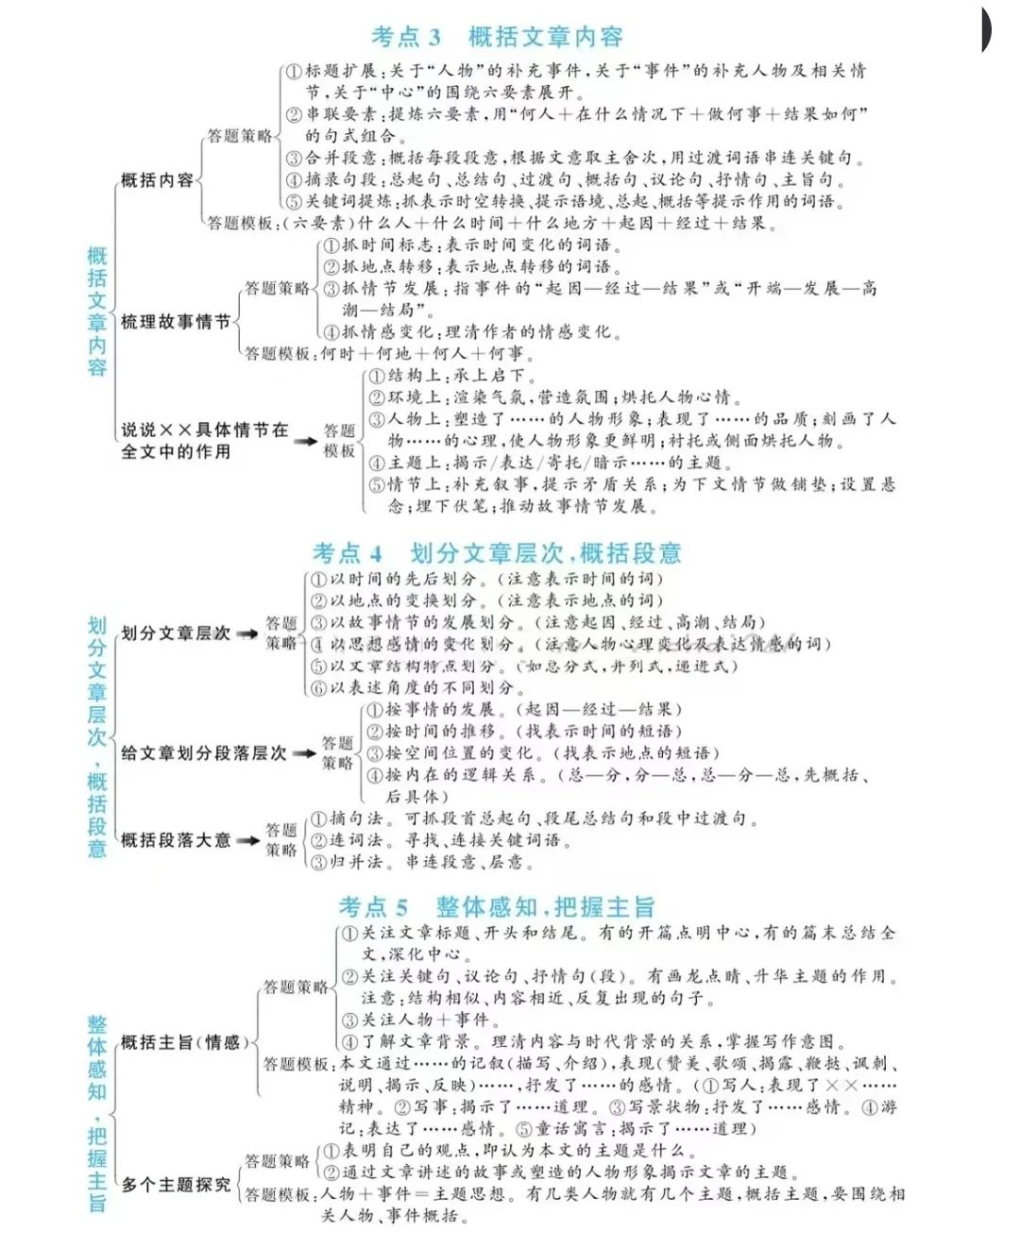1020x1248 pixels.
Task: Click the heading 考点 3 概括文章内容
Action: (x=497, y=37)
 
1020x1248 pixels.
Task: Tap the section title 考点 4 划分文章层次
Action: (x=497, y=552)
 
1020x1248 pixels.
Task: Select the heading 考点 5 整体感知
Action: (x=497, y=907)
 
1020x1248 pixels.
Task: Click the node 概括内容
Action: (x=157, y=180)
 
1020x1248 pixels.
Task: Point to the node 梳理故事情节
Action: (x=176, y=322)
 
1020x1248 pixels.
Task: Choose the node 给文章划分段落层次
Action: (x=204, y=753)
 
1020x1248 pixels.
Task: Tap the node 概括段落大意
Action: (x=176, y=840)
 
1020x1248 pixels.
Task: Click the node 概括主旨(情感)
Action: (x=185, y=1042)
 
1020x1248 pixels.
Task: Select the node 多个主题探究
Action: (x=176, y=1184)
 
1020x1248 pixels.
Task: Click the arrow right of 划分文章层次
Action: (x=246, y=634)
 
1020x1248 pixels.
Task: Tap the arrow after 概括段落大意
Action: (x=246, y=840)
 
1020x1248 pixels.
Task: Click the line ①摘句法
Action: (x=534, y=818)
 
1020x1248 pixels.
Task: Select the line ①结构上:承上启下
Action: (x=447, y=376)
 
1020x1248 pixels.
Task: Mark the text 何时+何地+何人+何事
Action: (x=427, y=354)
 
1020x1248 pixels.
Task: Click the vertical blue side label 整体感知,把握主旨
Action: (x=97, y=1113)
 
